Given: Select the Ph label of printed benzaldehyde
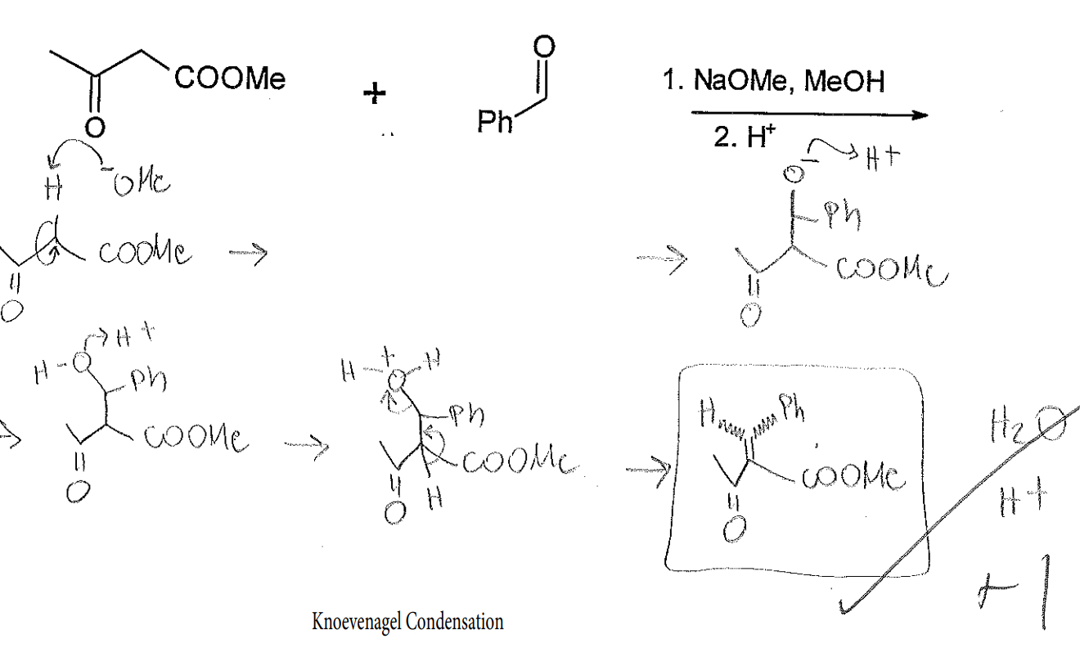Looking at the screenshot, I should tap(495, 123).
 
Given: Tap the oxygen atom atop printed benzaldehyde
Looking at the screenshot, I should tap(544, 47).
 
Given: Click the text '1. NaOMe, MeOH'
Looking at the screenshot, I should tap(773, 81).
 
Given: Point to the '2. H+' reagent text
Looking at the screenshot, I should tap(740, 137).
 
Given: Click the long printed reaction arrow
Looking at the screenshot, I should tap(810, 115).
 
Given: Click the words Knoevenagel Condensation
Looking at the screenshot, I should tap(407, 622).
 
